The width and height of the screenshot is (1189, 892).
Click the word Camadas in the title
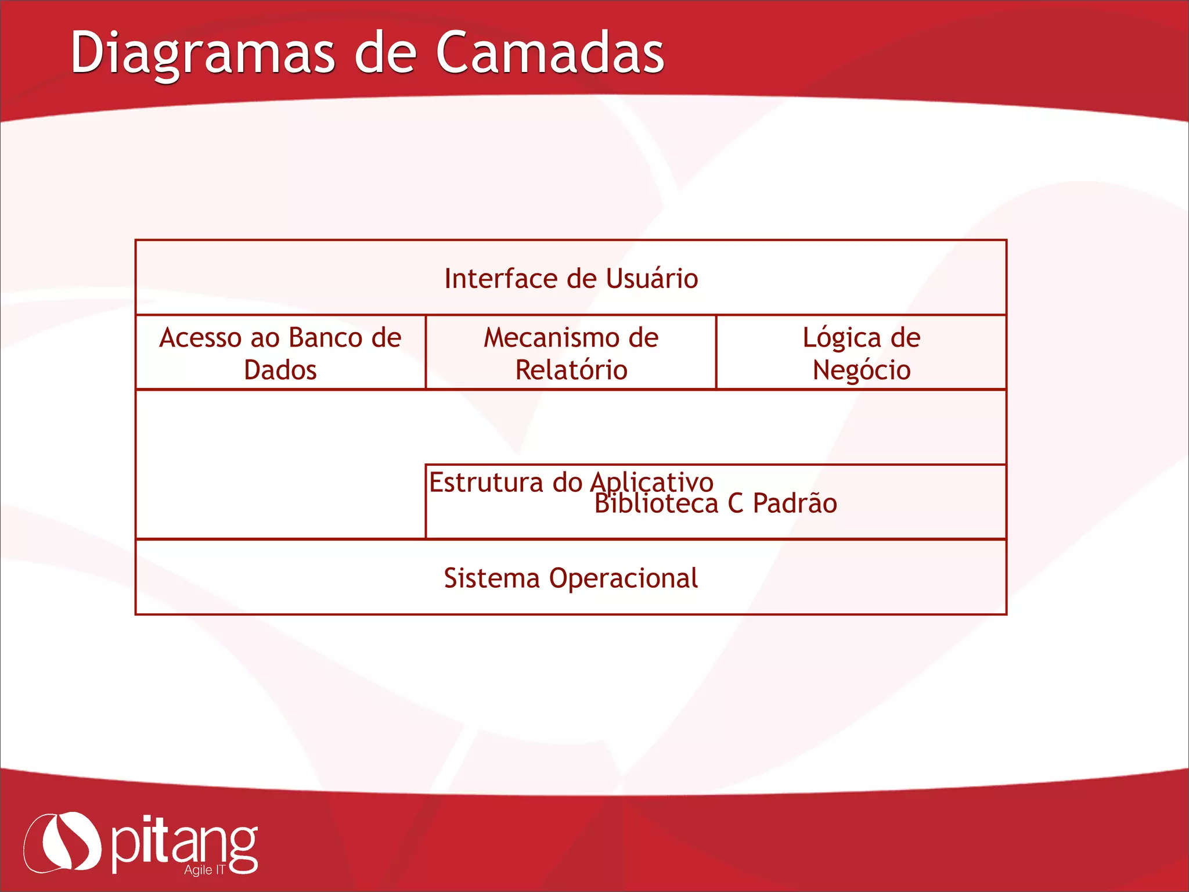pos(550,53)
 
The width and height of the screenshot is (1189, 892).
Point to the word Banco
pos(325,338)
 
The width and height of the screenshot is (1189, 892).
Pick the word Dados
pos(280,370)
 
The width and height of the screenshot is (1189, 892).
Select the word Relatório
pos(571,370)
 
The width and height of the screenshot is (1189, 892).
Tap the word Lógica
pos(841,338)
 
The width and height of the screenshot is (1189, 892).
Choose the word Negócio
pos(862,370)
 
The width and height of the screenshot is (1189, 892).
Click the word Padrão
pos(795,503)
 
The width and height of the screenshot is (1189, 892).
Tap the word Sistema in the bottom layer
pos(492,578)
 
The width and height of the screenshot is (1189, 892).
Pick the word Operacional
pos(624,578)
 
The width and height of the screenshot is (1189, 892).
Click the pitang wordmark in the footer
pos(183,845)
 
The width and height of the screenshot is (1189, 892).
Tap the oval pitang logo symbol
pos(63,841)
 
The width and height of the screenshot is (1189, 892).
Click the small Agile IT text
pos(204,870)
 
